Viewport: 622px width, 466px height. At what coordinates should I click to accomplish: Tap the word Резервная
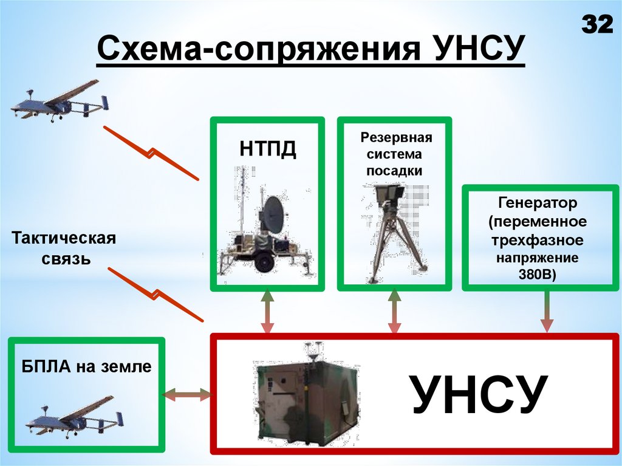(395, 137)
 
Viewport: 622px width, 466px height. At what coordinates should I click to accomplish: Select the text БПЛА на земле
(86, 366)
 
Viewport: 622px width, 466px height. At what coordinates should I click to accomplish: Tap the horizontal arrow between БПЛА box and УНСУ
(188, 395)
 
